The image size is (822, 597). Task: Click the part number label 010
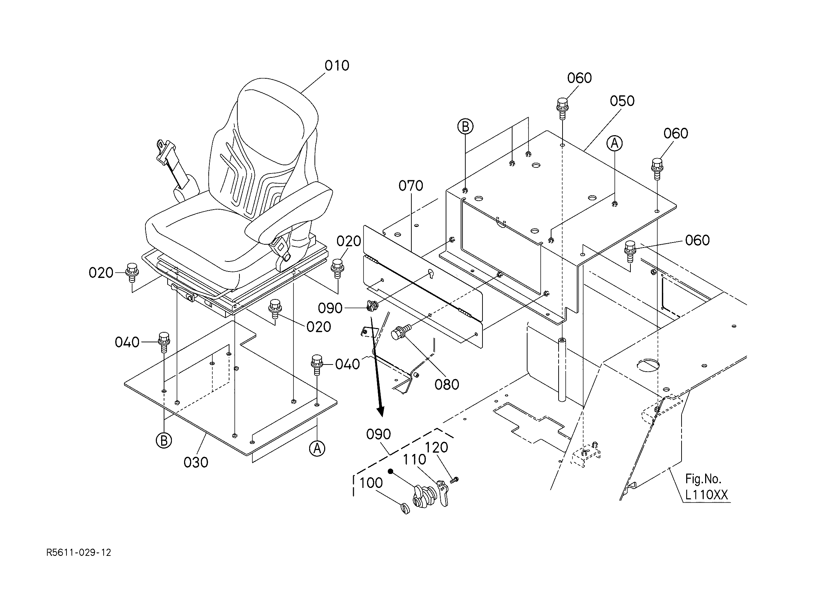pos(337,66)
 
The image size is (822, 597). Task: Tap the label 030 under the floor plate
pos(196,463)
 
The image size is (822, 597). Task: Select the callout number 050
pos(622,101)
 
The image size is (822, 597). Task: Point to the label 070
pos(411,186)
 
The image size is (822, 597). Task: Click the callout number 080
pos(446,385)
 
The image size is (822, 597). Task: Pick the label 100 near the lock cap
pos(371,483)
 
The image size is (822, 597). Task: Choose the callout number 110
pos(414,460)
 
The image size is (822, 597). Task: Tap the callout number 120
pos(437,447)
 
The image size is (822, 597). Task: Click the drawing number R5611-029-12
pos(79,553)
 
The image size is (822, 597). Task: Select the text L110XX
pos(706,495)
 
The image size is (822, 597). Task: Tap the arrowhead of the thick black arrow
pos(380,411)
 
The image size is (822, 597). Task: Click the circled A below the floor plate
pos(317,449)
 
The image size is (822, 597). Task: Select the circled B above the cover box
pos(465,127)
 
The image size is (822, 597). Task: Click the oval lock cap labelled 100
pos(405,509)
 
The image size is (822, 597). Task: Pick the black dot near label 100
pos(391,471)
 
